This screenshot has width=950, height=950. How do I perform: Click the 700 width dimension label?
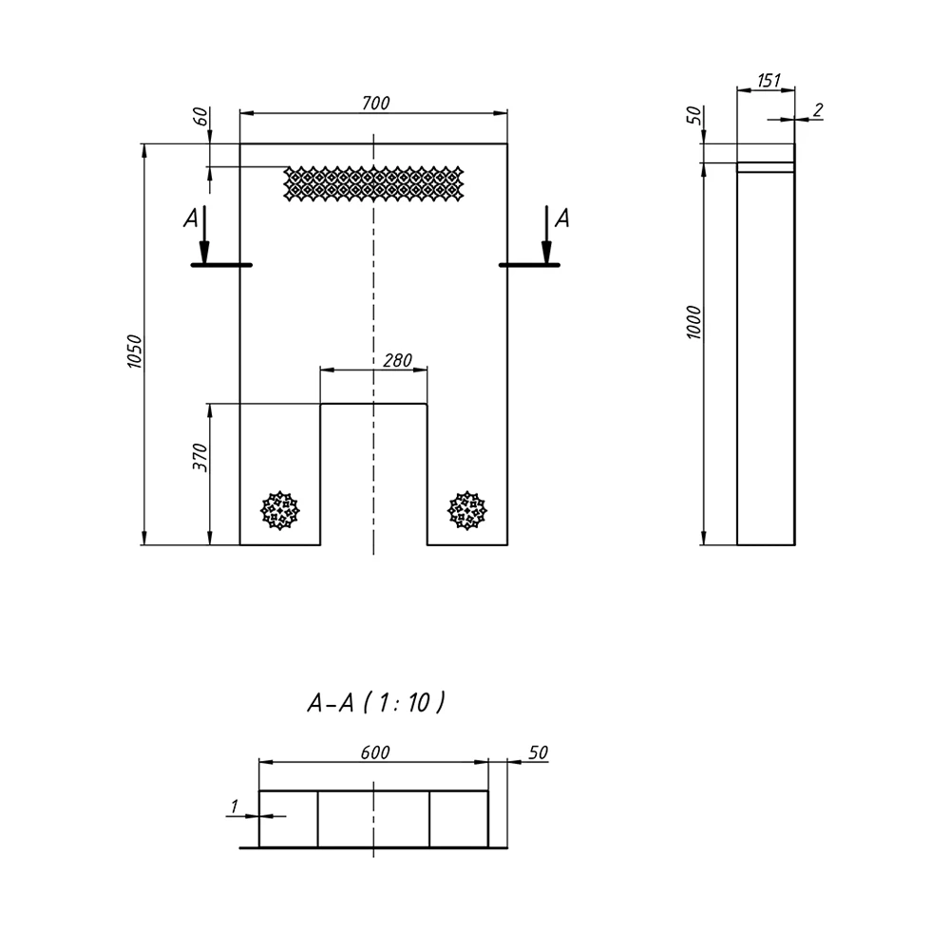click(x=375, y=103)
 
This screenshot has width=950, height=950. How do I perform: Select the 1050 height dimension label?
click(x=134, y=351)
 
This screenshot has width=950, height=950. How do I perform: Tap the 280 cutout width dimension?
click(x=397, y=360)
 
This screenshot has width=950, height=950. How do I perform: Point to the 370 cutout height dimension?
click(x=199, y=458)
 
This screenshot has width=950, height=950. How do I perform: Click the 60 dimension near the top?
click(x=200, y=116)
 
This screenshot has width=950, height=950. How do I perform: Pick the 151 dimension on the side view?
click(x=769, y=80)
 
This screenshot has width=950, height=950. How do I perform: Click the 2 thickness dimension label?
click(x=818, y=110)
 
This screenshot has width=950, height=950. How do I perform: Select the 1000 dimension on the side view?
click(x=693, y=322)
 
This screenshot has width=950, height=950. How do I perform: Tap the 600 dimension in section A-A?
click(x=375, y=752)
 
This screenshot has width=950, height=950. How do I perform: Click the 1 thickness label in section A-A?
click(x=235, y=807)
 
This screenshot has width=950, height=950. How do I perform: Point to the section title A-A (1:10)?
click(x=376, y=703)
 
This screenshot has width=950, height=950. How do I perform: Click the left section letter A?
click(x=191, y=218)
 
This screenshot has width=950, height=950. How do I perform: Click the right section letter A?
click(x=562, y=218)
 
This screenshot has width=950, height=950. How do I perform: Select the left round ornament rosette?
click(x=280, y=511)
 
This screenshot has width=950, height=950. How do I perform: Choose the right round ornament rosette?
click(x=467, y=511)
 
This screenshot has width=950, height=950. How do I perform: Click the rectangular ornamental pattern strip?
click(x=373, y=183)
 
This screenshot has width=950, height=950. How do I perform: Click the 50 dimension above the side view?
click(x=694, y=115)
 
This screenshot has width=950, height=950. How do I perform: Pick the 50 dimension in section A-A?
click(x=538, y=752)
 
